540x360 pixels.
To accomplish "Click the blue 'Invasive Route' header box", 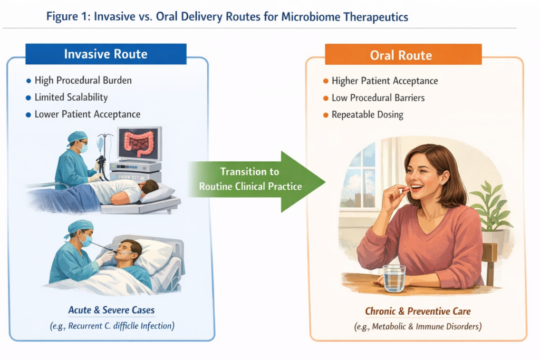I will (x=105, y=54).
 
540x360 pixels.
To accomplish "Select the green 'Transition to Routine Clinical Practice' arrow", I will (x=253, y=179).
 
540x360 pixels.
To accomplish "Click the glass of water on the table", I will (x=394, y=278).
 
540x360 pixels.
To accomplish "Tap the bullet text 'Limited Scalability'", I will (x=71, y=98).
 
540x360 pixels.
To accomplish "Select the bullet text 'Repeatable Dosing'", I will (x=368, y=114).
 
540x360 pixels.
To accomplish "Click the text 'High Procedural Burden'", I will (x=83, y=81).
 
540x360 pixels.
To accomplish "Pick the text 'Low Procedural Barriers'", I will (x=378, y=98).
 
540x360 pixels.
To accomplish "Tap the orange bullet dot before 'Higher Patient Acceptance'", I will (x=325, y=81).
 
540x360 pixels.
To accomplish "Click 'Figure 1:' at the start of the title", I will (x=67, y=17).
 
